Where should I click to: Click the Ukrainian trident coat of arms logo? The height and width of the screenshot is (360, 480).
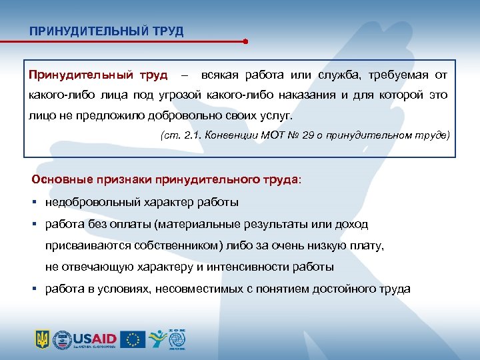[42, 339]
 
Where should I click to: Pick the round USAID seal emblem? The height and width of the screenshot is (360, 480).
[62, 339]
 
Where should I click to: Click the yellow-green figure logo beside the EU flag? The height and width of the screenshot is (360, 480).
[155, 339]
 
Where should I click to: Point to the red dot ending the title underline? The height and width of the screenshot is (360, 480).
[246, 41]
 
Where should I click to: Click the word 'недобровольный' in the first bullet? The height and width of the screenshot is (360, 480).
[84, 202]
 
